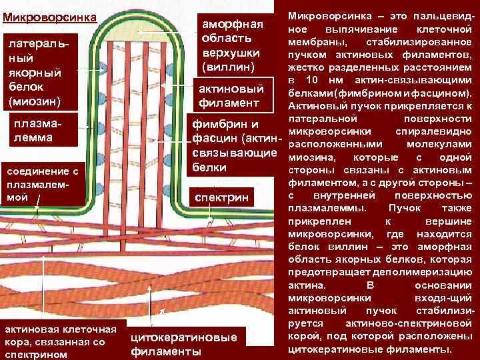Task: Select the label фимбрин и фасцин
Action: (233, 145)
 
